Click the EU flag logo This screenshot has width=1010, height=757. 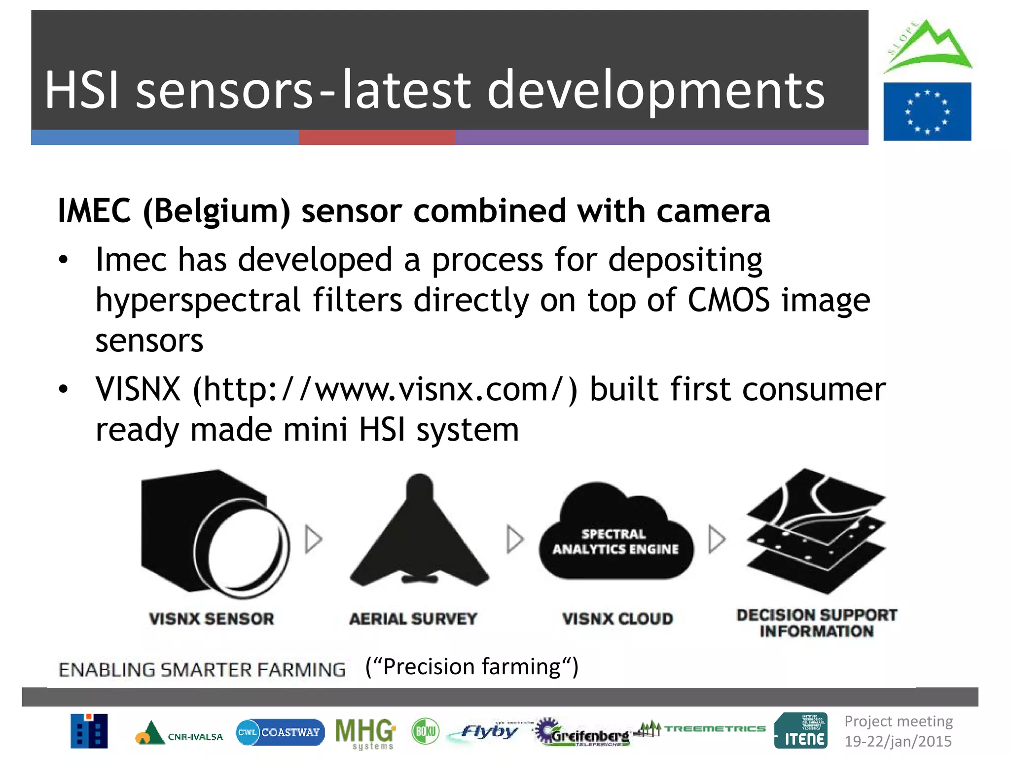[x=927, y=111]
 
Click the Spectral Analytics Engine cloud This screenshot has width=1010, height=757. [x=616, y=535]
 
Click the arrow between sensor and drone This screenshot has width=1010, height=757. [x=313, y=539]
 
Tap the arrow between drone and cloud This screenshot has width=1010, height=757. [x=515, y=539]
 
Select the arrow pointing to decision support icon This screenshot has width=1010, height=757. [x=717, y=539]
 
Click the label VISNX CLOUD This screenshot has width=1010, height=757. [x=617, y=619]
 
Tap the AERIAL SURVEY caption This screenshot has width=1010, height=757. [x=413, y=619]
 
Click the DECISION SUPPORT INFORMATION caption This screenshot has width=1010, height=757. [x=817, y=623]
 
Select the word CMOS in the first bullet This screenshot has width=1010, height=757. [x=728, y=300]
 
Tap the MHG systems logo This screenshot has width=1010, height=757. [x=365, y=733]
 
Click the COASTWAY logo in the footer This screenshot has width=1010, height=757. [x=281, y=732]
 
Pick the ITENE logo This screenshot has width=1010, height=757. [x=801, y=730]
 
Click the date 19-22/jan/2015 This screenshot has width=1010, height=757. [x=898, y=741]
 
